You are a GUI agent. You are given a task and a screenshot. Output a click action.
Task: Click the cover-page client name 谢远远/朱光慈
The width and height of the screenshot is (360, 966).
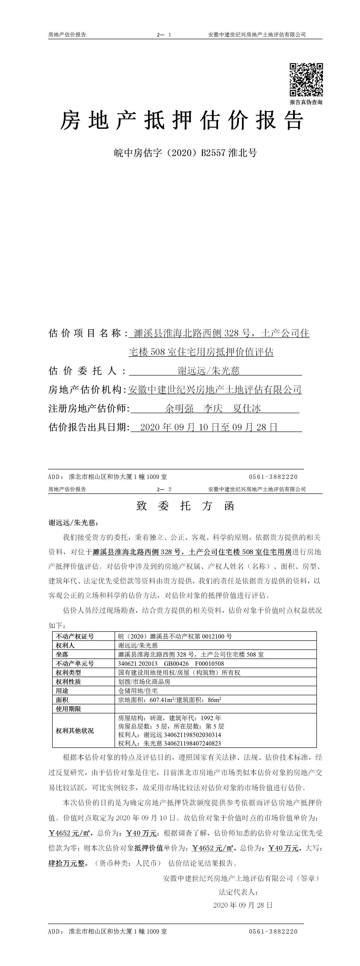click(x=208, y=371)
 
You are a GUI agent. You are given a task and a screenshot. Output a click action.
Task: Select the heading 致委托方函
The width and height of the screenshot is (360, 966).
click(x=185, y=506)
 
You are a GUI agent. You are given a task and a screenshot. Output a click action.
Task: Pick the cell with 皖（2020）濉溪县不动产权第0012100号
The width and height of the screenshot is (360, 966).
click(x=175, y=636)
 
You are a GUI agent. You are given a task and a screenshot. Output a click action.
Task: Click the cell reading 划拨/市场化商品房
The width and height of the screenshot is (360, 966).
click(x=144, y=681)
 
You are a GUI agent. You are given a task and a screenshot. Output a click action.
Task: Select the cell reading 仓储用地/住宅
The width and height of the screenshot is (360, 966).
click(x=138, y=690)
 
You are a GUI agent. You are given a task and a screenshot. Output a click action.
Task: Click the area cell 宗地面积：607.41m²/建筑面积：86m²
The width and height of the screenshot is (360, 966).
click(x=169, y=700)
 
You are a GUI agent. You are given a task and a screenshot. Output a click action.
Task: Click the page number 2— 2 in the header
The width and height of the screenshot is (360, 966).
click(x=165, y=489)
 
